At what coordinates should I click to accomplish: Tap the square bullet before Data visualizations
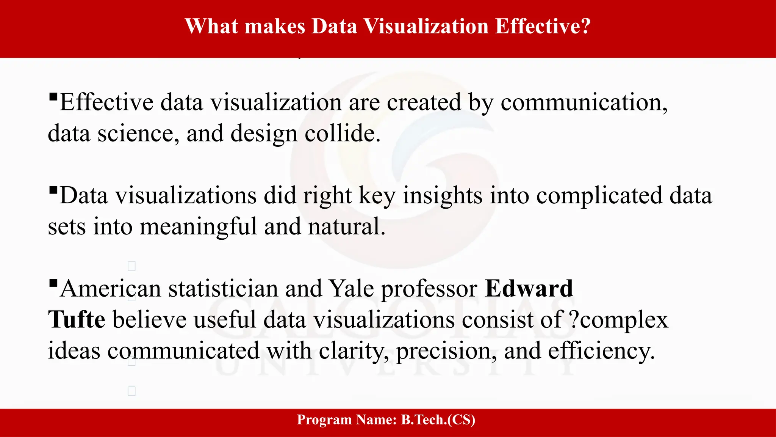coord(53,190)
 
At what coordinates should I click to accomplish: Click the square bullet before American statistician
coord(53,283)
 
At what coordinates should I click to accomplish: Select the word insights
coord(442,196)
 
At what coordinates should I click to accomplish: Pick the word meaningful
coord(198,227)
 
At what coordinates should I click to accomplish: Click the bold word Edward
coord(529,289)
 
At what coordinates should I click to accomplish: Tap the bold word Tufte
coord(77,319)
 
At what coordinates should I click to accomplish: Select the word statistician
coord(223,289)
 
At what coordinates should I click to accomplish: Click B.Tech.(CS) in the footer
coord(438,420)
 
